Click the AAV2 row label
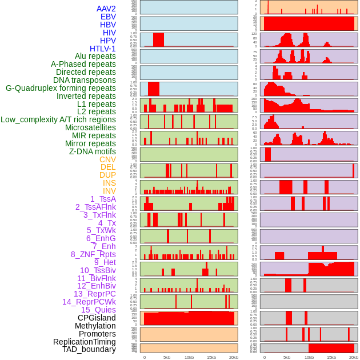click(x=106, y=9)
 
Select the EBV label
click(x=108, y=17)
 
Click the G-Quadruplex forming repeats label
click(x=61, y=88)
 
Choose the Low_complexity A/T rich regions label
click(x=58, y=119)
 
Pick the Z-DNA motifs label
click(x=92, y=151)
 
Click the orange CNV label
click(x=107, y=159)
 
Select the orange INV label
click(x=109, y=191)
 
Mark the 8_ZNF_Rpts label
click(x=93, y=254)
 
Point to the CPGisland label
click(x=97, y=318)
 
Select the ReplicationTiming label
click(x=84, y=342)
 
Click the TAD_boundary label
click(x=89, y=349)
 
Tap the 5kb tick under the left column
click(x=167, y=357)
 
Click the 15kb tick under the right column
click(x=331, y=357)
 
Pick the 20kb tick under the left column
click(x=234, y=357)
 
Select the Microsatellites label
click(x=90, y=127)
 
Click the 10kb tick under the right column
click(x=309, y=357)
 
